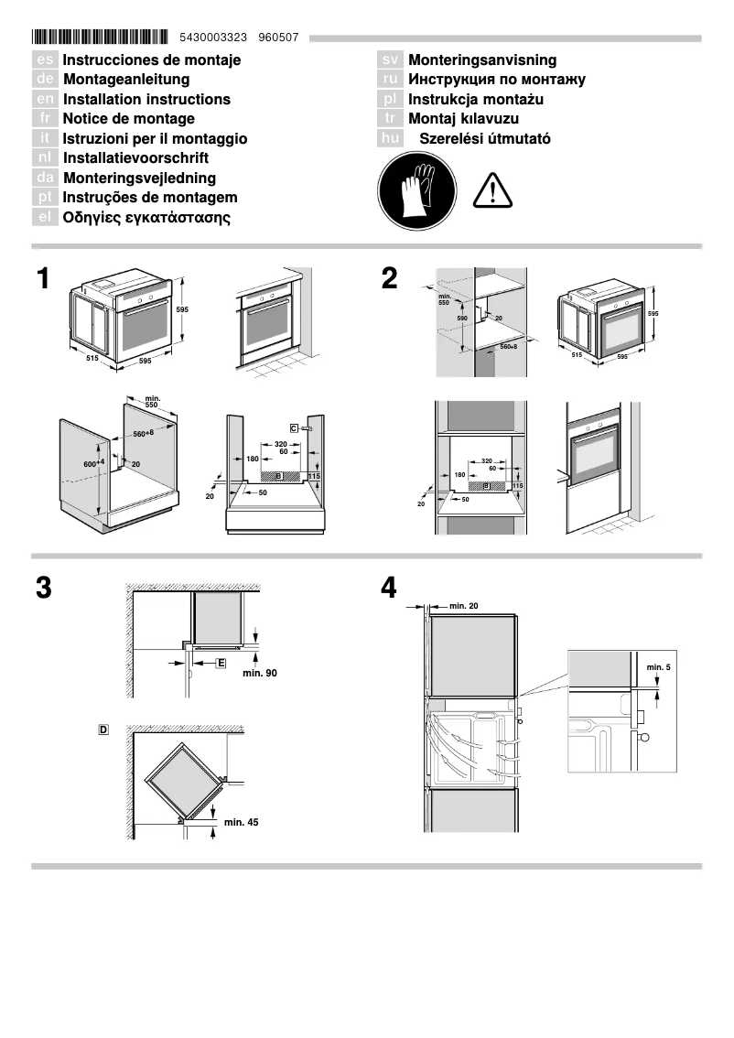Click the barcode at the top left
pos(100,38)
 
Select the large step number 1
pos(43,279)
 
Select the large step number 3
pos(43,589)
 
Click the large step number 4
pos(390,589)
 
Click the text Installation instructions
pos(146,99)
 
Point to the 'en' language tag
pos(45,99)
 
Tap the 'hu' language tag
pos(391,138)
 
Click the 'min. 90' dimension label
pos(259,673)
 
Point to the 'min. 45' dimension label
pos(242,822)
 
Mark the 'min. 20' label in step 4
pos(464,606)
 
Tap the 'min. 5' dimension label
pos(658,666)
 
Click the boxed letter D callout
pos(103,730)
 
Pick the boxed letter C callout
pos(295,427)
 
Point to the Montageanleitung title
pos(126,80)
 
